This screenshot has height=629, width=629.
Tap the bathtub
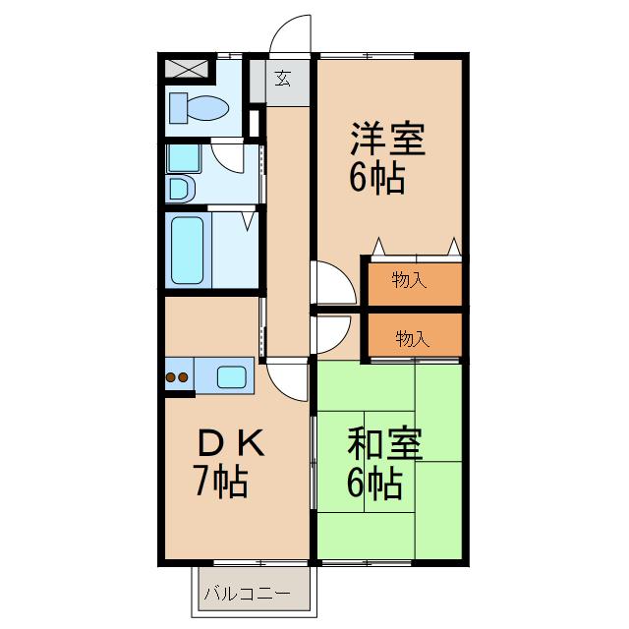pyautogui.click(x=187, y=249)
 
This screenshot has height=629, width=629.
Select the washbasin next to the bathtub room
pyautogui.click(x=180, y=187)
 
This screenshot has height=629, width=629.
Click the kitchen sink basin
pyautogui.click(x=232, y=375)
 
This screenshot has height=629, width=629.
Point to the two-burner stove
pyautogui.click(x=178, y=375)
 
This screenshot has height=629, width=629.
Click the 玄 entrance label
pyautogui.click(x=283, y=79)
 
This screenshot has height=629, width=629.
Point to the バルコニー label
pyautogui.click(x=247, y=594)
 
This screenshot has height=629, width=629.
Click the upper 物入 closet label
pyautogui.click(x=409, y=281)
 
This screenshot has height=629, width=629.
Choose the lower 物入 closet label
pyautogui.click(x=412, y=339)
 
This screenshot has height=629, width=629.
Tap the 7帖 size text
pyautogui.click(x=219, y=483)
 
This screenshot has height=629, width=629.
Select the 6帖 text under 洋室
pyautogui.click(x=375, y=178)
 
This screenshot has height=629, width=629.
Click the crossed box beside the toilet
pyautogui.click(x=187, y=69)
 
